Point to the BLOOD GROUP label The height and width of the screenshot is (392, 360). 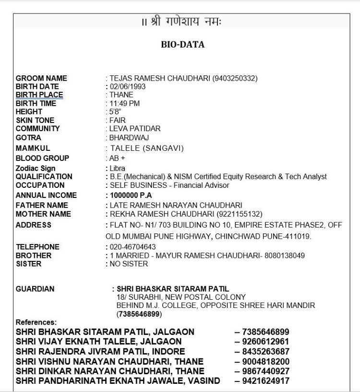click(42, 158)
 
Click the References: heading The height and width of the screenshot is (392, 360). click(36, 321)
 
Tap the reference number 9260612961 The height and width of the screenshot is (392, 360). click(262, 341)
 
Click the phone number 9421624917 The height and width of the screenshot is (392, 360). click(262, 381)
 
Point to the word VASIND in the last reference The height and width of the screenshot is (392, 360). click(203, 381)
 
